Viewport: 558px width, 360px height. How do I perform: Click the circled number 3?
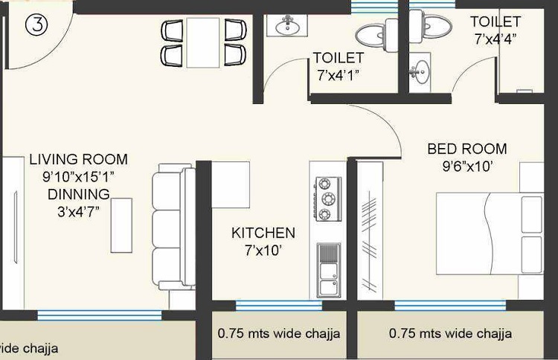pyautogui.click(x=36, y=25)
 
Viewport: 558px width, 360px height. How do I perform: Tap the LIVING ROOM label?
pyautogui.click(x=78, y=159)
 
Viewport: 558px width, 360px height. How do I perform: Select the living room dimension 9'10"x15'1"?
pyautogui.click(x=78, y=176)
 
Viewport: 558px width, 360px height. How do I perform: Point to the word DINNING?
pyautogui.click(x=78, y=193)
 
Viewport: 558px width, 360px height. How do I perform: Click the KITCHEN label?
pyautogui.click(x=263, y=233)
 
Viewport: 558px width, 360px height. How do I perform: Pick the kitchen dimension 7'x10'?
pyautogui.click(x=263, y=251)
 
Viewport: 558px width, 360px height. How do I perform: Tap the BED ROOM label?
pyautogui.click(x=466, y=149)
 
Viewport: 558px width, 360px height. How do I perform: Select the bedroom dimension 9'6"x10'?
pyautogui.click(x=466, y=167)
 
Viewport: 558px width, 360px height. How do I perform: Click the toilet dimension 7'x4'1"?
pyautogui.click(x=339, y=74)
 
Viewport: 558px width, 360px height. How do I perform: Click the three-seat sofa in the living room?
pyautogui.click(x=173, y=231)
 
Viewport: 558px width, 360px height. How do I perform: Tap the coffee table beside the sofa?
pyautogui.click(x=121, y=225)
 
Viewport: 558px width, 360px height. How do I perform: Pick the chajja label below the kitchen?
pyautogui.click(x=279, y=334)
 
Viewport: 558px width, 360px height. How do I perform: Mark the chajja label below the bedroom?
pyautogui.click(x=450, y=334)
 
